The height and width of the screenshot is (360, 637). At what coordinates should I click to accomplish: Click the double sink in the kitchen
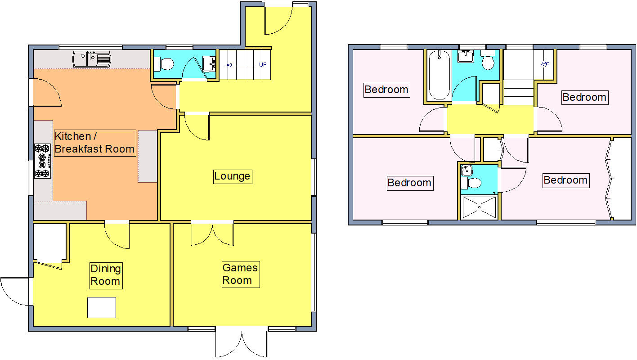(x=91, y=58)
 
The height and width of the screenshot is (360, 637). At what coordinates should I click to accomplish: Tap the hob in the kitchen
(x=42, y=160)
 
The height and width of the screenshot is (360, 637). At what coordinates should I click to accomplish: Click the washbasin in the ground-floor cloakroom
(x=210, y=64)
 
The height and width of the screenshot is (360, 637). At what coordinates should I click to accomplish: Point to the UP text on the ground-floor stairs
(x=262, y=64)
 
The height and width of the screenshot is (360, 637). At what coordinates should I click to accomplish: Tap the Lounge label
(x=232, y=176)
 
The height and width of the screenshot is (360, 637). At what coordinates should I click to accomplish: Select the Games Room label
(x=240, y=274)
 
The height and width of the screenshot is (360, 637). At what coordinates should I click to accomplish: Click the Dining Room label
(x=106, y=275)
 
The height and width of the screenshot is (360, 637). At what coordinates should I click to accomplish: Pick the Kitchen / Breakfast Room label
(x=94, y=143)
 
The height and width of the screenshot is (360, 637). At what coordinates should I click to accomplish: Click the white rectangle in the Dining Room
(x=102, y=307)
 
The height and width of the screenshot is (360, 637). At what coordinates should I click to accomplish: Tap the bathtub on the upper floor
(x=439, y=75)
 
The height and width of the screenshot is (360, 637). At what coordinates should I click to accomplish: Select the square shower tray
(x=479, y=207)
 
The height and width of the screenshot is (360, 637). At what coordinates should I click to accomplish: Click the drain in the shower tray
(x=479, y=207)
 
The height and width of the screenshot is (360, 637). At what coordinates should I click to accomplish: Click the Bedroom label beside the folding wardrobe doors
(x=565, y=180)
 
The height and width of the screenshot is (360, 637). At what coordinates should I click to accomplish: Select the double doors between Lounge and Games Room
(x=212, y=233)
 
